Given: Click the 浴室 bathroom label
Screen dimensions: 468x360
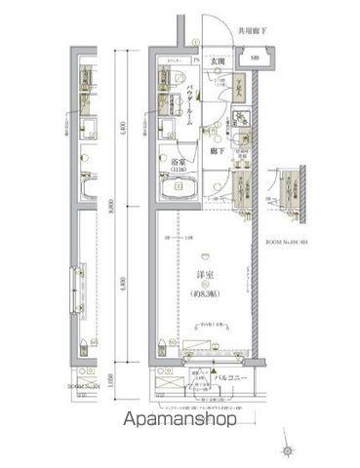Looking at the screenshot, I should pyautogui.click(x=180, y=161).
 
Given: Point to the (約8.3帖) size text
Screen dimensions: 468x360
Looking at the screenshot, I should pyautogui.click(x=206, y=293).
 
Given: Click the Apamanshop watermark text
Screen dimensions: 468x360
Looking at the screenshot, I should pyautogui.click(x=179, y=421).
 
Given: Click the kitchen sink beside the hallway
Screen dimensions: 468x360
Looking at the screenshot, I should pyautogui.click(x=240, y=138).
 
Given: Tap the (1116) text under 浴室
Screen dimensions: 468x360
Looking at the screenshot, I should pyautogui.click(x=180, y=170).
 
